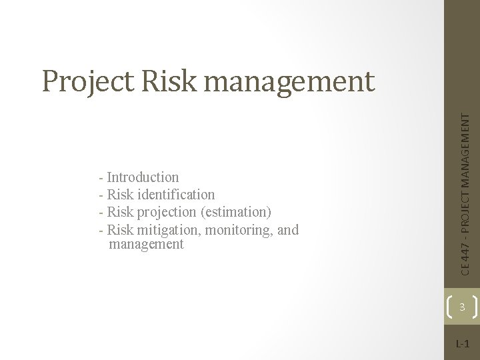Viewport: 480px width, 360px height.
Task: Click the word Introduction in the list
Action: click(x=143, y=177)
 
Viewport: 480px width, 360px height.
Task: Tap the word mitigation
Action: click(x=168, y=231)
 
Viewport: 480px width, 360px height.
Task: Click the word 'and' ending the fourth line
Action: click(x=287, y=231)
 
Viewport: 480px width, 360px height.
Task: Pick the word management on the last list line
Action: click(x=145, y=245)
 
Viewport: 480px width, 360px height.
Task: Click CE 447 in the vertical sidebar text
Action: click(x=469, y=259)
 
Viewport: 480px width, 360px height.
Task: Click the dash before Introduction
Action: click(x=100, y=178)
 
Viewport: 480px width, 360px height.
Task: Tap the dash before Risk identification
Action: click(x=100, y=195)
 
